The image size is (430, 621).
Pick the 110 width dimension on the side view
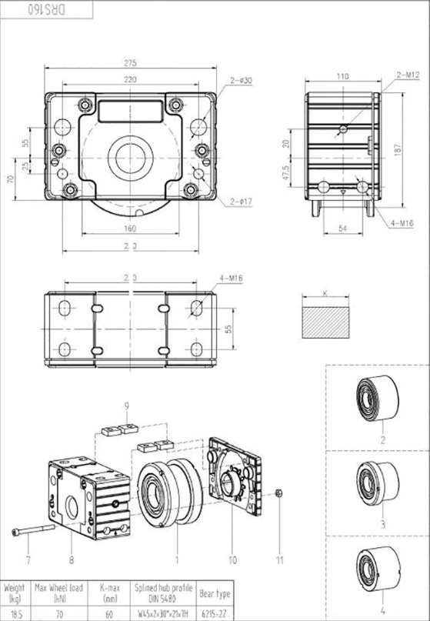coord(342,77)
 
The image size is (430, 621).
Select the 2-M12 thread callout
coord(408,75)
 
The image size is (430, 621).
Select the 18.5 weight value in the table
coord(15,615)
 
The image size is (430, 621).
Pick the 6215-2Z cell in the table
coord(215,615)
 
